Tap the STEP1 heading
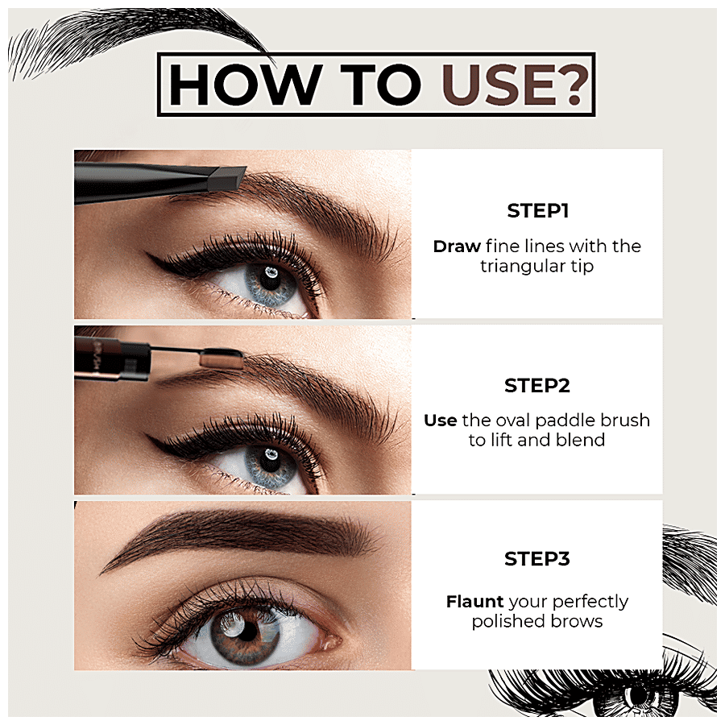537,211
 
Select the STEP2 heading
536,386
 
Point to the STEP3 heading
536,559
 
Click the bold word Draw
457,246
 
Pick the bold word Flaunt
474,602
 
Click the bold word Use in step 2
440,420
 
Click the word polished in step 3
505,621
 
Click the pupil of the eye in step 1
270,277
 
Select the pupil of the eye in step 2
270,458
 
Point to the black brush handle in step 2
112,360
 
